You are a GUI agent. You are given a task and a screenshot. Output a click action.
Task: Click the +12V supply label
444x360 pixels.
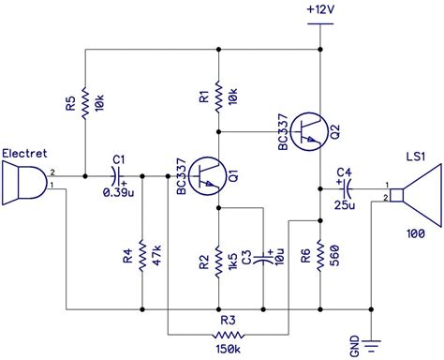tap(320, 9)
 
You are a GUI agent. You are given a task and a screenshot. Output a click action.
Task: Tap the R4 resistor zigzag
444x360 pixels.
tap(141, 255)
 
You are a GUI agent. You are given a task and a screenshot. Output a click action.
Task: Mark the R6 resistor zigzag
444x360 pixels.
tap(320, 254)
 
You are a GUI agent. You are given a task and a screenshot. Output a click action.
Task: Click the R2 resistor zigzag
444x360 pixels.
tap(217, 255)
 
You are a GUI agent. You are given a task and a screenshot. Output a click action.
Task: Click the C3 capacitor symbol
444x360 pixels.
tap(265, 255)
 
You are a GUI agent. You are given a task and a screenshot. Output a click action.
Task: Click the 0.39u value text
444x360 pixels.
tap(116, 191)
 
